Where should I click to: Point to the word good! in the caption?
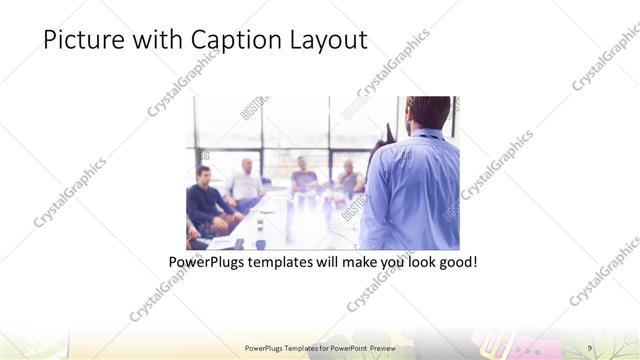click(x=455, y=262)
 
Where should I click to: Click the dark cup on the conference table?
click(x=260, y=243)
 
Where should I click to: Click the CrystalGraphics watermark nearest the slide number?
click(x=605, y=275)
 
